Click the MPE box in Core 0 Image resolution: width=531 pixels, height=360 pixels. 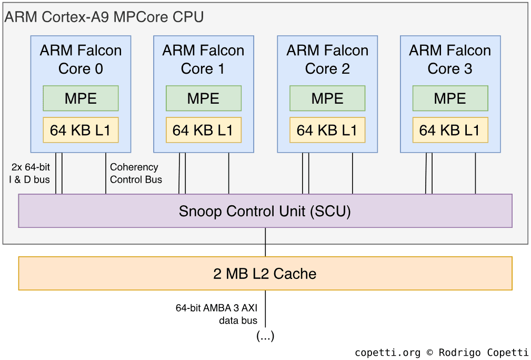tap(81, 98)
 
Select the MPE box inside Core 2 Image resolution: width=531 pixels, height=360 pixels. tap(327, 98)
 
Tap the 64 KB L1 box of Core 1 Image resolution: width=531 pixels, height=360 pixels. tap(203, 130)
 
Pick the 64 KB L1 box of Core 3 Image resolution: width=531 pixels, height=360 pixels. tap(450, 130)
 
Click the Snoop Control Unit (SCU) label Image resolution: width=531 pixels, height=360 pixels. tap(265, 211)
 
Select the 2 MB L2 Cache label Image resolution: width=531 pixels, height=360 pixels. tap(265, 274)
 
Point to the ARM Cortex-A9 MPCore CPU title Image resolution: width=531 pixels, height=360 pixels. tap(104, 17)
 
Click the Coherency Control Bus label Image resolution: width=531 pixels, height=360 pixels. tap(135, 173)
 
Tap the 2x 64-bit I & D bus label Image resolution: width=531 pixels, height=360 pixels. tap(30, 173)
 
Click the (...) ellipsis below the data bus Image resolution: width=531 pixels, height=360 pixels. tap(265, 336)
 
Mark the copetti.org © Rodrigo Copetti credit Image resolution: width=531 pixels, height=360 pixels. tap(442, 353)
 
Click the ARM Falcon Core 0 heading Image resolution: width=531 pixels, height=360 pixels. tap(81, 59)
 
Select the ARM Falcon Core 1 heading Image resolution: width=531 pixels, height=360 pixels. tap(203, 59)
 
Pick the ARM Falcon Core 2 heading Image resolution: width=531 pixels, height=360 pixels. tap(327, 59)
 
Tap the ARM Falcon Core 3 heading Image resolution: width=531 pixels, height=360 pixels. tap(450, 59)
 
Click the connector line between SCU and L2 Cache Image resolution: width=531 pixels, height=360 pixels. tap(265, 242)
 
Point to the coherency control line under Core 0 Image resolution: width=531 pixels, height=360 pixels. tap(106, 174)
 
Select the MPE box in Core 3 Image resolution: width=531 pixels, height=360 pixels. tap(450, 98)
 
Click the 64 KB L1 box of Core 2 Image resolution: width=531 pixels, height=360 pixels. tap(327, 130)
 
